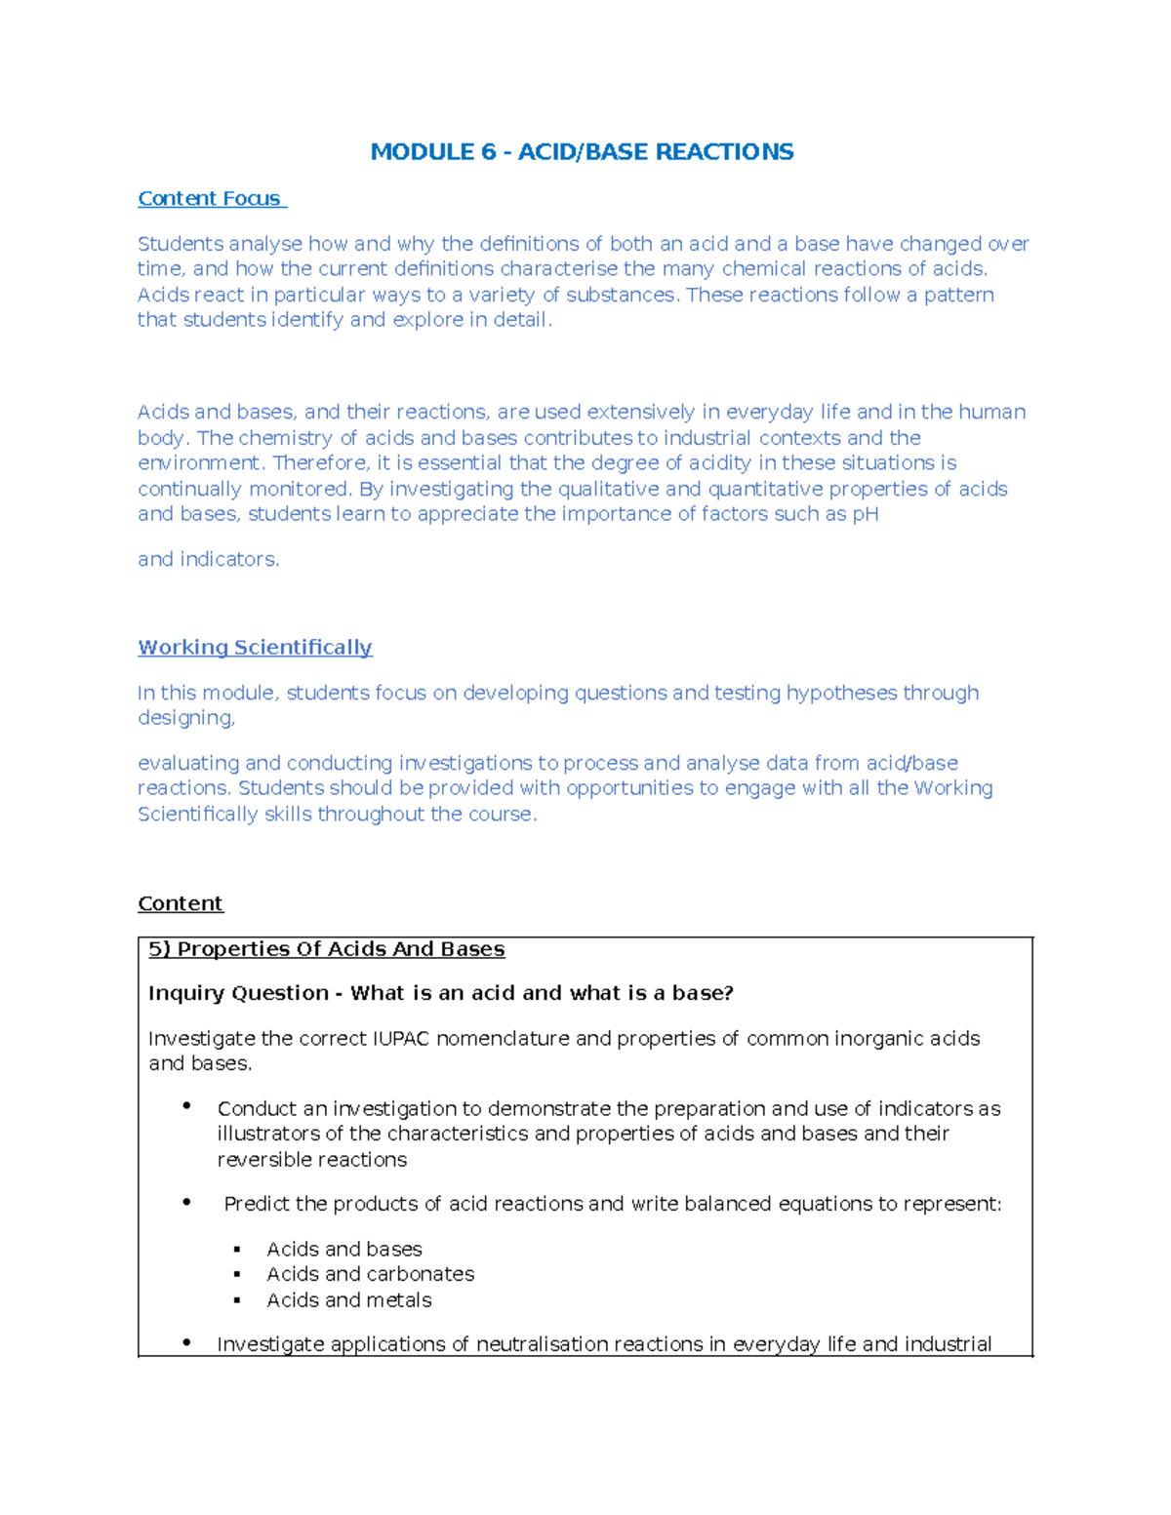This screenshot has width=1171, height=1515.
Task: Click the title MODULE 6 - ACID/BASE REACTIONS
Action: click(x=582, y=152)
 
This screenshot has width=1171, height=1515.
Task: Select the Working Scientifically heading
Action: click(x=255, y=648)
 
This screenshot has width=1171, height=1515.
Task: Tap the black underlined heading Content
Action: click(x=181, y=903)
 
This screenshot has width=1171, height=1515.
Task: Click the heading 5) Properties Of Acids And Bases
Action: click(x=326, y=949)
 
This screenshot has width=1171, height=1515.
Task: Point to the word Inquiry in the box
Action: click(x=189, y=993)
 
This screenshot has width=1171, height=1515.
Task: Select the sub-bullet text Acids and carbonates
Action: click(x=370, y=1274)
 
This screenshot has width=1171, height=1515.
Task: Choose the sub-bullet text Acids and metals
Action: click(x=348, y=1300)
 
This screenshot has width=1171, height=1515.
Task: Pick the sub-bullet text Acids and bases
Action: click(x=343, y=1249)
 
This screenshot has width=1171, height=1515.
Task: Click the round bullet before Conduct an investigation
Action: click(x=186, y=1105)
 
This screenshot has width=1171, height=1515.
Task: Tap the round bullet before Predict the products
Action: click(x=186, y=1202)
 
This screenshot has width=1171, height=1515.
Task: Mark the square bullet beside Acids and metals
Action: click(x=237, y=1300)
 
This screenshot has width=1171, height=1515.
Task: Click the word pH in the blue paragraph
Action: click(x=866, y=514)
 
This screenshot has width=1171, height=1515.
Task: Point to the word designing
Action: click(x=185, y=718)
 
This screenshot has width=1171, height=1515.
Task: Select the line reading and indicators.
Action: click(x=208, y=559)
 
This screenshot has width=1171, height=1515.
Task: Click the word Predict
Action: click(x=256, y=1204)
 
